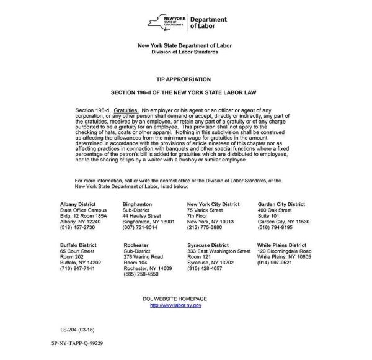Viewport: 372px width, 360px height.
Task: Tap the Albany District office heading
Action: [x=78, y=204]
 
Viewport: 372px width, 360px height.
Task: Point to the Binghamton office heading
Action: [x=137, y=204]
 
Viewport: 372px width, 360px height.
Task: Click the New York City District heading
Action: [x=213, y=204]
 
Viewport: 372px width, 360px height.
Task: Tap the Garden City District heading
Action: [x=281, y=204]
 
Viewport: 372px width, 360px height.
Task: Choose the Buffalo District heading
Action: [x=78, y=245]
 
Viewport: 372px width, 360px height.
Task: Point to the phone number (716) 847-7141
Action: [x=77, y=268]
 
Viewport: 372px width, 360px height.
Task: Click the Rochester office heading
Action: [x=136, y=245]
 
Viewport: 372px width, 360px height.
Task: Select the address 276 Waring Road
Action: [x=143, y=257]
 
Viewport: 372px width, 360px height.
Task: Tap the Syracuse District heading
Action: [x=208, y=245]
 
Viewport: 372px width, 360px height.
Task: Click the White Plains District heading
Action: [x=281, y=245]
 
